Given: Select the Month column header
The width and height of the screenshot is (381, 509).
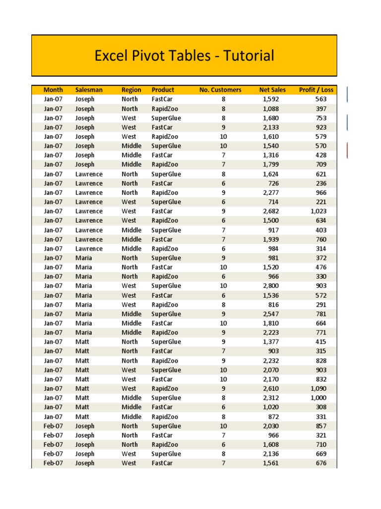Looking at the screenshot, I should point(53,90).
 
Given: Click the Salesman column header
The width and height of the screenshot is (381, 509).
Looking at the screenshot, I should point(89,90).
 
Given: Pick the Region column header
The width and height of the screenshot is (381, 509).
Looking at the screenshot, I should point(131,90).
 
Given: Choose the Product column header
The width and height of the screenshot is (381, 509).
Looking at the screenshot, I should point(163,90).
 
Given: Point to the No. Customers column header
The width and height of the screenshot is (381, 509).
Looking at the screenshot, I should point(220,90).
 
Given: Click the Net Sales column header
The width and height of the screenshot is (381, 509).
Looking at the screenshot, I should point(272,90).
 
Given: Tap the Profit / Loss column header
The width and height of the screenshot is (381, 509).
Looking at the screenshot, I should point(317,90).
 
